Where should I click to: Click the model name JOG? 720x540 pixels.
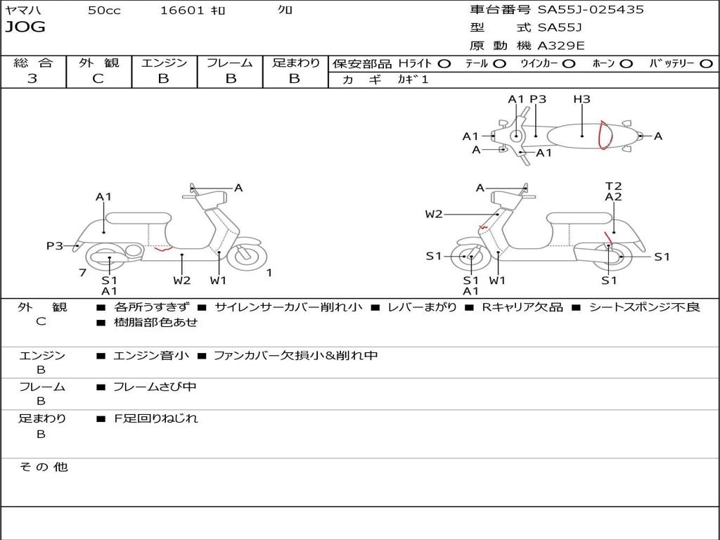point(25,27)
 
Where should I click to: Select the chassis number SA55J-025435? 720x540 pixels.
point(591,10)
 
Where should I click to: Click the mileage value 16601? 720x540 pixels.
point(182,11)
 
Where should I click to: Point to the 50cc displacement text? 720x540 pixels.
point(104,11)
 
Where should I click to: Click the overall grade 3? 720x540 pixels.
point(32,79)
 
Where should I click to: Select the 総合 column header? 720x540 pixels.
point(33,63)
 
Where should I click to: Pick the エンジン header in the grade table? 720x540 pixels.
point(165,63)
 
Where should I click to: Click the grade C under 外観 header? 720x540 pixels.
point(98,79)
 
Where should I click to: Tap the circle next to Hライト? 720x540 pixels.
point(444,64)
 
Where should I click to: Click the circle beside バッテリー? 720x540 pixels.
point(705,64)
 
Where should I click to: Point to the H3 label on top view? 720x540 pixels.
point(581,99)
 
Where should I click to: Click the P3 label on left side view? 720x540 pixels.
point(55,246)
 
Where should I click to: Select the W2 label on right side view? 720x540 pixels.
point(434,214)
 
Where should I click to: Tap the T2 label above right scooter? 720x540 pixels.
point(613,186)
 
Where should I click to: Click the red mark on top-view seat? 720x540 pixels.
point(602,135)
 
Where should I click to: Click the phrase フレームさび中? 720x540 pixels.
point(155,387)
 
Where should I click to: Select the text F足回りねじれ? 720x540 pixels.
point(156,418)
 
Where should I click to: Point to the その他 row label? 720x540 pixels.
point(43,467)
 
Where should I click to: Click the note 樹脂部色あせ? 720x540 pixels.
point(156,323)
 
